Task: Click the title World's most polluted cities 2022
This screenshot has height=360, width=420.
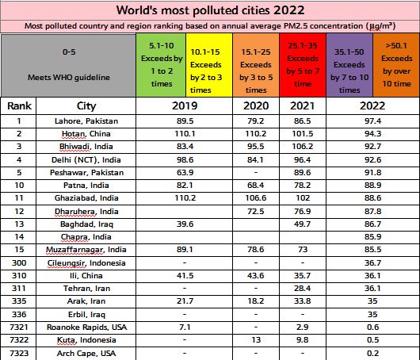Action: click(x=209, y=10)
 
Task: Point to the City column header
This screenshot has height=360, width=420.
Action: click(x=86, y=106)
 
